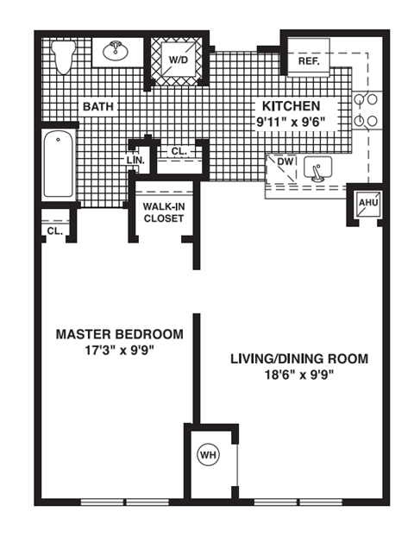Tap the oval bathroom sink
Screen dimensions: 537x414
click(116, 52)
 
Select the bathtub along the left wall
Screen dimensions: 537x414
click(58, 165)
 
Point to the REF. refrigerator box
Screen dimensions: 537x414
click(309, 61)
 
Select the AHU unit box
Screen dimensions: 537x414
click(367, 204)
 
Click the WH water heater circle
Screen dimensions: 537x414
click(208, 455)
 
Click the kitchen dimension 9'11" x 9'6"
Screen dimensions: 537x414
click(290, 122)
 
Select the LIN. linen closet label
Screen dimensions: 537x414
click(136, 160)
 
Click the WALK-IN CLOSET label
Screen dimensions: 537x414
click(163, 212)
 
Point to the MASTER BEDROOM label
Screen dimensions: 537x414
click(119, 334)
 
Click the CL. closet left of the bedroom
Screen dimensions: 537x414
click(53, 231)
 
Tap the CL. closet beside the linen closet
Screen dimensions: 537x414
click(178, 151)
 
